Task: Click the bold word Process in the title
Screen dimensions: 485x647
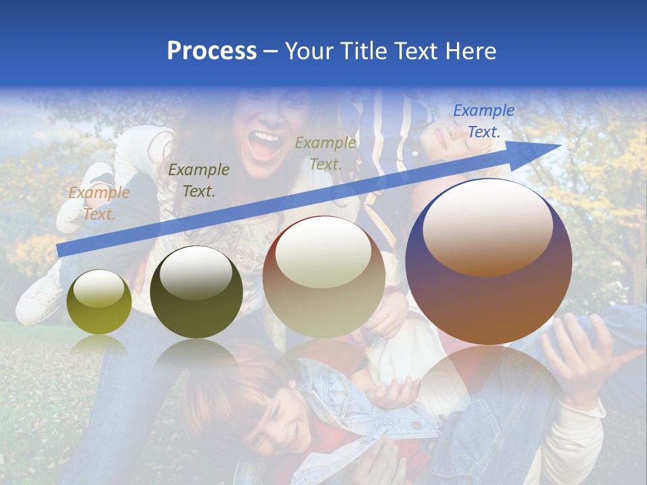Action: click(x=212, y=51)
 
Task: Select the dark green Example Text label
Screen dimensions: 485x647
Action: click(x=198, y=180)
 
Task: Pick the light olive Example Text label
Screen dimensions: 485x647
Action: click(x=326, y=153)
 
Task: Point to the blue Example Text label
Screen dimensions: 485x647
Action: click(x=483, y=121)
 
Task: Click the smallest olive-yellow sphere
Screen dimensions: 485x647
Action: click(x=99, y=302)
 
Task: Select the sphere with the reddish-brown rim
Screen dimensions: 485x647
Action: click(x=323, y=276)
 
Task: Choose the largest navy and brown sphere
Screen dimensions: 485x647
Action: click(x=489, y=261)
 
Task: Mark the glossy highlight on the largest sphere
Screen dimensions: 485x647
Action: click(x=487, y=225)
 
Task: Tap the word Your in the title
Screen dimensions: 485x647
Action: click(x=307, y=51)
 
